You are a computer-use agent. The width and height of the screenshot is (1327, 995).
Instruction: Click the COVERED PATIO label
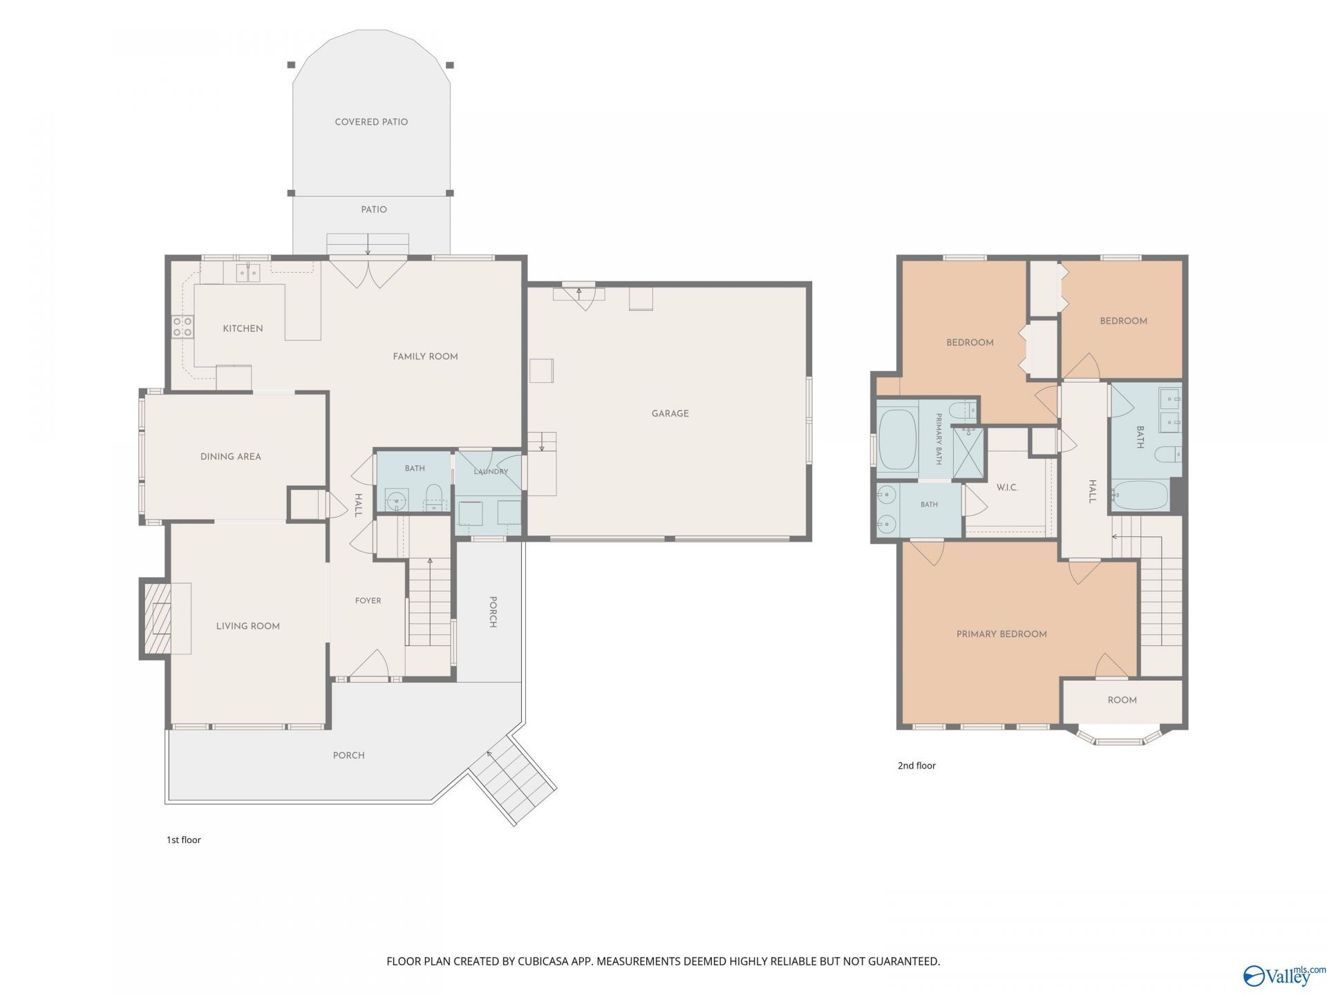tap(371, 122)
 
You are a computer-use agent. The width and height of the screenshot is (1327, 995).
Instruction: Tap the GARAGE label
tap(670, 414)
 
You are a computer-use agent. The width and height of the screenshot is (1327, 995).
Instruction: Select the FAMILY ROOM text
tap(425, 357)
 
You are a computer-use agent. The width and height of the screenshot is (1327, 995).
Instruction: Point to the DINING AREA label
tap(230, 457)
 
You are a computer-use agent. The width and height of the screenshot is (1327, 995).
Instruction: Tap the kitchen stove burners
tap(182, 327)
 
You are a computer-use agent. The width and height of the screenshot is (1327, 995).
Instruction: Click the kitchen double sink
tap(248, 273)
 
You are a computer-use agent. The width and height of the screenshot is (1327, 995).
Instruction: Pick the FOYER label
tap(368, 601)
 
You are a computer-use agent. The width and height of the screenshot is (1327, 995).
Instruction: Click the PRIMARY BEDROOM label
tap(1001, 634)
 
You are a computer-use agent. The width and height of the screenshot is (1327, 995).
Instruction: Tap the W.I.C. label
tap(1007, 488)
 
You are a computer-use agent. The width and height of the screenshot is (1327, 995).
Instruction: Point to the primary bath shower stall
tap(969, 453)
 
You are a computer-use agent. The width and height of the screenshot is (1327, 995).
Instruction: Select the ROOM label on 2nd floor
tap(1122, 701)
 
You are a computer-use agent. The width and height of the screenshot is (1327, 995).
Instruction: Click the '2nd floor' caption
tap(916, 766)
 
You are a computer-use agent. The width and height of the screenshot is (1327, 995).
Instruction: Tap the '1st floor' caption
tap(183, 840)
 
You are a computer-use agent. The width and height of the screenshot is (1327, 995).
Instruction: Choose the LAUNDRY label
tap(491, 472)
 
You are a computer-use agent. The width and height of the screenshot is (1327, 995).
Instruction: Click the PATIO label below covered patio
tap(374, 209)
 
